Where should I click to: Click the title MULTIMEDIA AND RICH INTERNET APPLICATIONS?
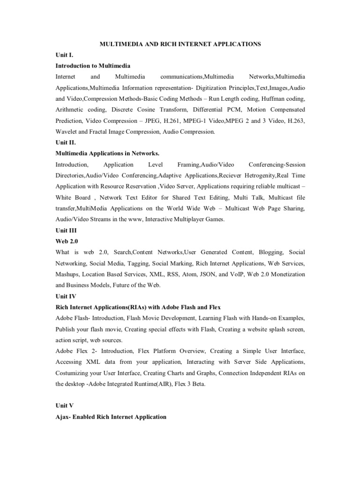(x=180, y=44)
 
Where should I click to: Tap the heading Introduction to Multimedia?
(x=93, y=66)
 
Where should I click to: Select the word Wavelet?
(x=66, y=132)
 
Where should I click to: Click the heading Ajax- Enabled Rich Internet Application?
(x=111, y=417)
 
